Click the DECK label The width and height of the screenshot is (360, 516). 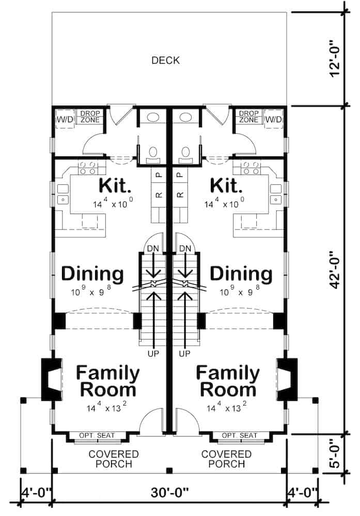[x=166, y=61]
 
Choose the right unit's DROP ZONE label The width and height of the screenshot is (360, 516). [x=248, y=117]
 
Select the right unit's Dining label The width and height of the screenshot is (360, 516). [x=241, y=273]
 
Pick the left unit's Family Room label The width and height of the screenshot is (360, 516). [x=107, y=380]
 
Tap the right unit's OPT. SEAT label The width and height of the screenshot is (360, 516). [x=239, y=436]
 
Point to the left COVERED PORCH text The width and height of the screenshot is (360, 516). [x=114, y=459]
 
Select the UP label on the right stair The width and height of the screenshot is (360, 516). [x=185, y=354]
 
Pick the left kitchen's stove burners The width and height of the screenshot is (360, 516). [x=88, y=167]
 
